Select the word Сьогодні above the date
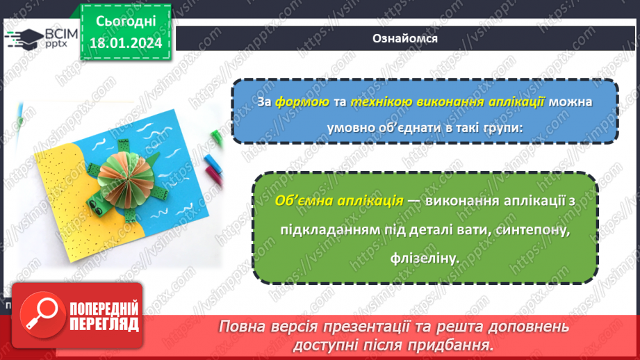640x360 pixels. (x=125, y=21)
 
